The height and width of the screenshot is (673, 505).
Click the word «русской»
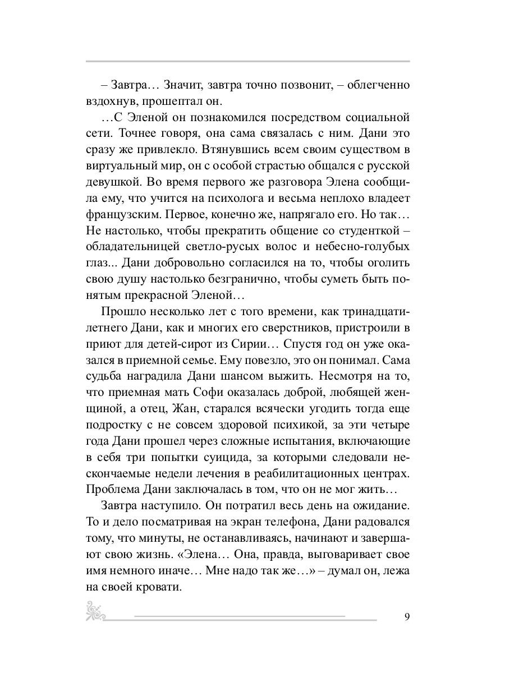point(388,167)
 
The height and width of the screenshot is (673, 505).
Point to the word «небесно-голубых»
point(357,247)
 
